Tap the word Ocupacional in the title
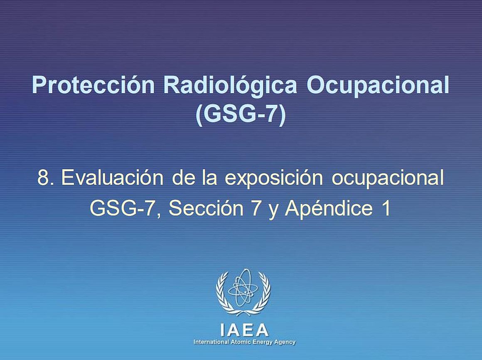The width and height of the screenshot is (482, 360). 378,86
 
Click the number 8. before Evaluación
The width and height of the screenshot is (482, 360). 46,178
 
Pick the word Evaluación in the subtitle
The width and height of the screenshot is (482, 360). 112,178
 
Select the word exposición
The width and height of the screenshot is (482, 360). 274,178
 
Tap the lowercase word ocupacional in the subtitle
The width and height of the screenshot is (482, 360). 388,178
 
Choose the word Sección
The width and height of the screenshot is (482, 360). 206,208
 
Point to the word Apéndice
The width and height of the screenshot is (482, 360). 329,208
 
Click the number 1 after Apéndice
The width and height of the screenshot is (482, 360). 386,208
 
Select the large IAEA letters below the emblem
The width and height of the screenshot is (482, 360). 244,330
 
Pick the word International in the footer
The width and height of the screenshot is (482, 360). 211,342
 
